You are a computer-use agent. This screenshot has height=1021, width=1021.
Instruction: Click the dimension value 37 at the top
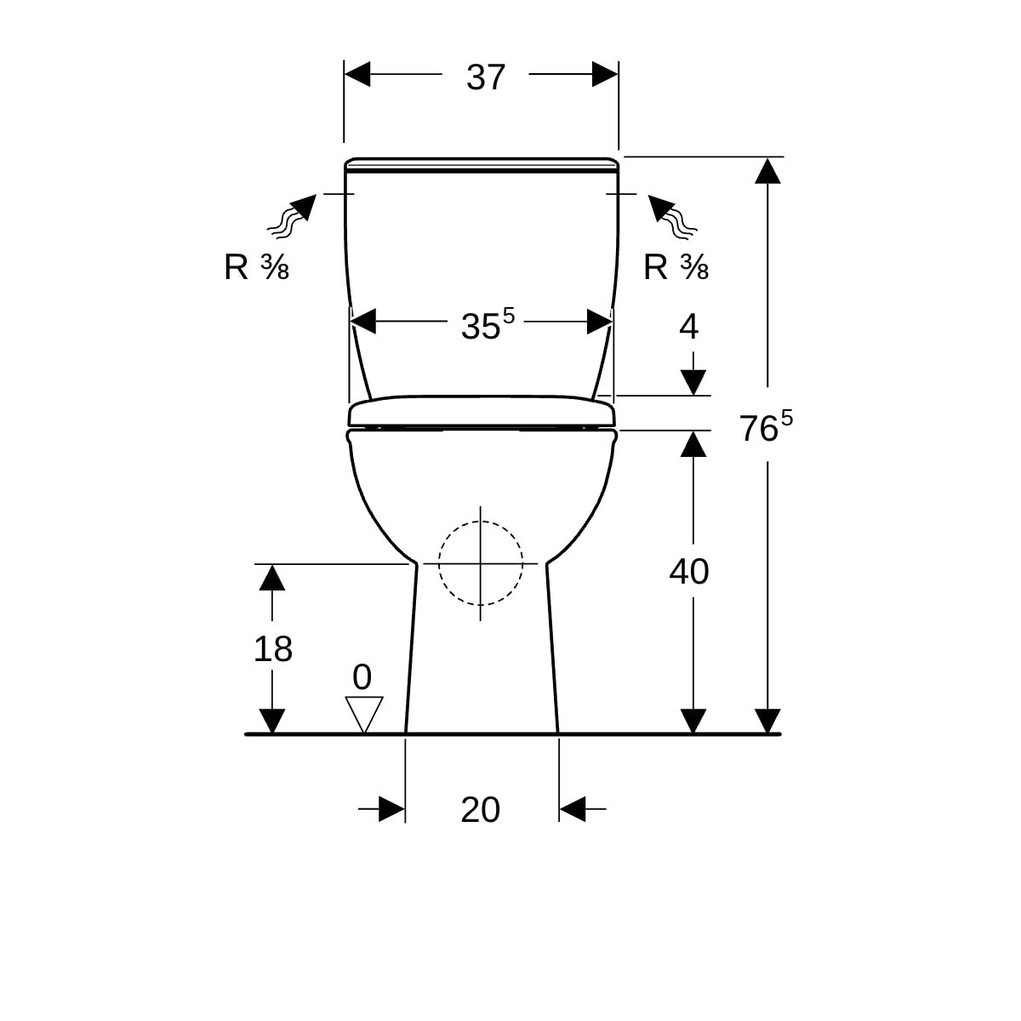[x=485, y=77]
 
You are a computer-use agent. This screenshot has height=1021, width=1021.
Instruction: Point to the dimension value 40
[x=689, y=572]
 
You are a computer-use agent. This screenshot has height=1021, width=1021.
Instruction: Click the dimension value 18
[x=273, y=649]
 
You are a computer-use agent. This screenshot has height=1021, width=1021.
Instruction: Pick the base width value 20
[x=480, y=810]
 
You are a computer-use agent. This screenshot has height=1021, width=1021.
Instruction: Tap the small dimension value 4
[x=689, y=327]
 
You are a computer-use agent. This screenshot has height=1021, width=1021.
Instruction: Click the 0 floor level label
[x=362, y=677]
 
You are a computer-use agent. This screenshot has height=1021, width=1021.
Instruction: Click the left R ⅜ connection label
[x=256, y=267]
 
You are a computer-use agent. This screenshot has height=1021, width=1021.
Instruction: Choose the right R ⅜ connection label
[x=676, y=267]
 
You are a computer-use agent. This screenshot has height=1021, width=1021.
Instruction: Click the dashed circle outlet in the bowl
[x=481, y=522]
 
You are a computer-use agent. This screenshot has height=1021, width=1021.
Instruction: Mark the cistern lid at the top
[x=481, y=165]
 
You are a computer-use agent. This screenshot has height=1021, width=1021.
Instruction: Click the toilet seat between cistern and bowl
[x=482, y=411]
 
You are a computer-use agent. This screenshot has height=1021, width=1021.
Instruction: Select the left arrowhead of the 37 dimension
[x=357, y=74]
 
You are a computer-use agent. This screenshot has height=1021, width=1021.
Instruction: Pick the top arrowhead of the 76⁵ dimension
[x=767, y=171]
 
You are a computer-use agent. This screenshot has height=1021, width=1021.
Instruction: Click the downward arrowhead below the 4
[x=693, y=383]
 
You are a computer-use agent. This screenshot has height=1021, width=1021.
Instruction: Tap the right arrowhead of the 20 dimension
[x=573, y=809]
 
